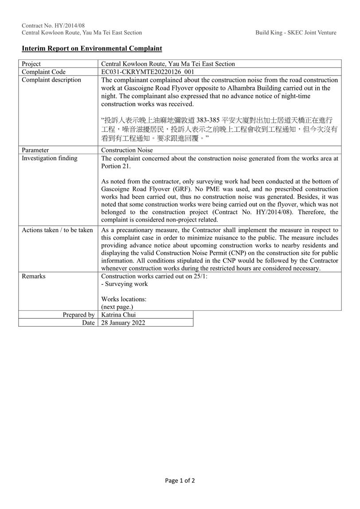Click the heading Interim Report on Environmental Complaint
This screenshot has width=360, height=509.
pos(92,48)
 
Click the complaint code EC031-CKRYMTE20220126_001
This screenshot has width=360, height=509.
pos(148,72)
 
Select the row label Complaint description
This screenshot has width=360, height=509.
pos(51,80)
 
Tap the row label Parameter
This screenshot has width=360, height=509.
pos(35,150)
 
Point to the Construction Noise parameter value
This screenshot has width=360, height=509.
pos(127,150)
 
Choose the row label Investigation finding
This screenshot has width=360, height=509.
pos(49,158)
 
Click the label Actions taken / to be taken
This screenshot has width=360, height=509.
pos(57,230)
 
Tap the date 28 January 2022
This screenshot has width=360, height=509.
pos(123,323)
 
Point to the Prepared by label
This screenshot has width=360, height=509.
pos(78,315)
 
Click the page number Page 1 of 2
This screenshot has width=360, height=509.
pos(180,480)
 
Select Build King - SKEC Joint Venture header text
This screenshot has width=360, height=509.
pos(296,32)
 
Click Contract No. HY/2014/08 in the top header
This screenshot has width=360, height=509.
pos(53,25)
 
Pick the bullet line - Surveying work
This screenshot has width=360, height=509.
pos(125,284)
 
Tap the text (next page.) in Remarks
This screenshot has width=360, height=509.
pos(117,307)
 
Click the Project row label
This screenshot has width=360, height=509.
pos(31,64)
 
